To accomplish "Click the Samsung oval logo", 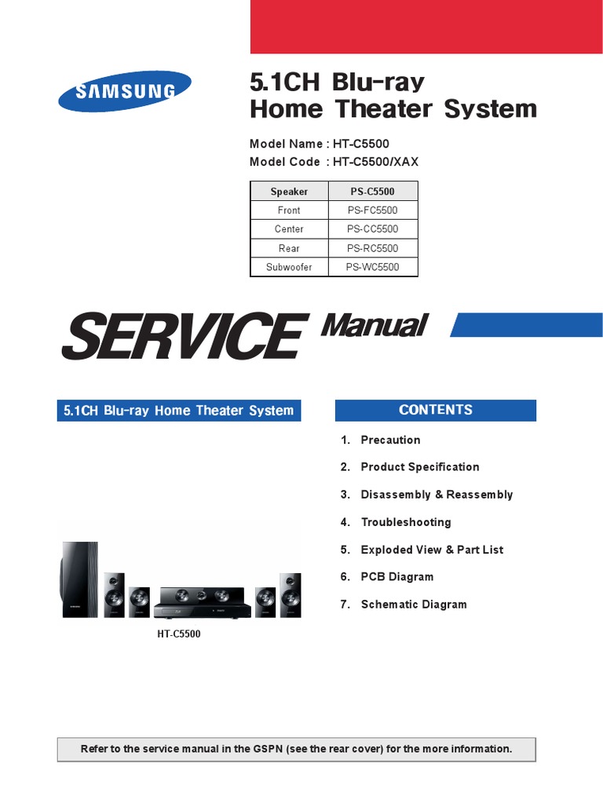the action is pyautogui.click(x=125, y=91).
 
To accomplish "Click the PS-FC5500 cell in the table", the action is pyautogui.click(x=373, y=210).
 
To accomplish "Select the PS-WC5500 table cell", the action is pyautogui.click(x=373, y=267).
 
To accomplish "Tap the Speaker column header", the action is pyautogui.click(x=289, y=192).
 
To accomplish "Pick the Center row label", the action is pyautogui.click(x=289, y=229).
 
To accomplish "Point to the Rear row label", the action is pyautogui.click(x=289, y=248).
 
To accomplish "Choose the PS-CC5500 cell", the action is pyautogui.click(x=373, y=229).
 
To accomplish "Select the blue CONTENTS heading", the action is pyautogui.click(x=436, y=410).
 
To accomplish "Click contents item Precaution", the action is pyautogui.click(x=390, y=440).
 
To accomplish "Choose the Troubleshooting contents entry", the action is pyautogui.click(x=405, y=522).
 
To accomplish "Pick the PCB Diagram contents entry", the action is pyautogui.click(x=397, y=577).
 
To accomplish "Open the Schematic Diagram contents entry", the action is pyautogui.click(x=413, y=605).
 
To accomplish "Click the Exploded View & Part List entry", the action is pyautogui.click(x=432, y=550).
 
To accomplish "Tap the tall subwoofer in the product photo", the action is pyautogui.click(x=80, y=580).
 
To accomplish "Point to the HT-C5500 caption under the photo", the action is pyautogui.click(x=178, y=634).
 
